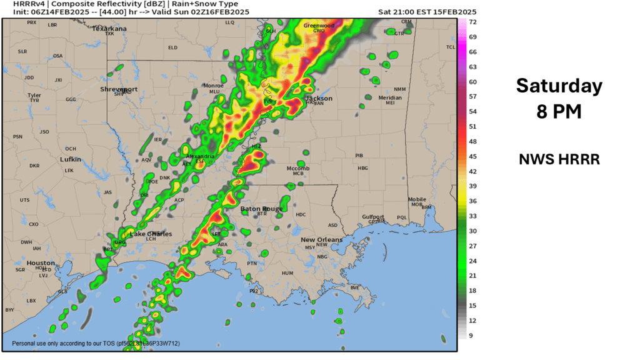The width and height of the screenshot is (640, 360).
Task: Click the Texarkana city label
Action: click(x=109, y=29)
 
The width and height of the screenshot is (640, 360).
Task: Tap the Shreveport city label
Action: click(x=119, y=89)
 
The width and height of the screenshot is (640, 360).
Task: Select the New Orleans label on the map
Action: click(x=321, y=240)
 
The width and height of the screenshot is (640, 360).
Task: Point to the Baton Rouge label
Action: click(x=262, y=209)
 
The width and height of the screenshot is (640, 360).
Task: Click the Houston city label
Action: click(x=41, y=263)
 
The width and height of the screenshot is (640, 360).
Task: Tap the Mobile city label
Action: click(x=417, y=200)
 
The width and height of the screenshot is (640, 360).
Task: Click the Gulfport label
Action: click(x=374, y=217)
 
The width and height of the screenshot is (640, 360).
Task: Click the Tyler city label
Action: click(x=34, y=96)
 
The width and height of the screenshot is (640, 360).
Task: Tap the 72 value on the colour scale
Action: click(x=473, y=22)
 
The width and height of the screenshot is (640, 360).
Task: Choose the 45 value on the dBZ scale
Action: click(x=473, y=156)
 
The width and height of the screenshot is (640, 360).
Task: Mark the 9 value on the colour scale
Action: click(x=473, y=335)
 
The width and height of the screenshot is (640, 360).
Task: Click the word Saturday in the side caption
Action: click(x=559, y=86)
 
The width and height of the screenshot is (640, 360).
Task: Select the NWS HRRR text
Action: click(x=559, y=159)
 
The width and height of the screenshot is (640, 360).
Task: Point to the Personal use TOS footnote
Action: click(x=96, y=344)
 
